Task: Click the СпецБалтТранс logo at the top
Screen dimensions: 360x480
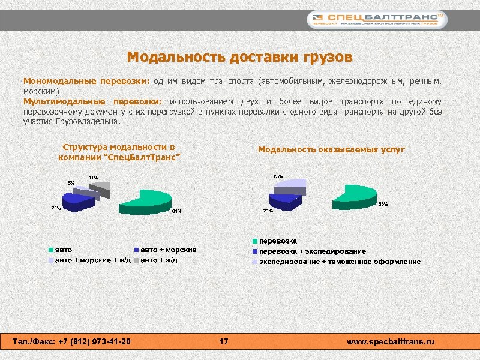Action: (x=377, y=20)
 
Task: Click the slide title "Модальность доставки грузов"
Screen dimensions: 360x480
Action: (x=240, y=58)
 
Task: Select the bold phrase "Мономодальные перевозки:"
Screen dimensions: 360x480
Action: (x=86, y=80)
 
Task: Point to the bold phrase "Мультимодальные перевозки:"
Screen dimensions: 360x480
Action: (x=93, y=101)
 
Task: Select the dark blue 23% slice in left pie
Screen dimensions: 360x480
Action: (x=79, y=203)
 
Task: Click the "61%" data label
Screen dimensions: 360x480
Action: (x=176, y=211)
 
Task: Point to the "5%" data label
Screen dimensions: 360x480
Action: (x=71, y=182)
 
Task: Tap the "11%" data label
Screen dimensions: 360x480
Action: (x=93, y=178)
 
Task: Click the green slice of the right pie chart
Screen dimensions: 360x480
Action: (x=353, y=196)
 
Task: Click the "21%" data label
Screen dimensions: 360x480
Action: (x=268, y=211)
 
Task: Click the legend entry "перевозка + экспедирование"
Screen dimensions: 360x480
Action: (x=312, y=251)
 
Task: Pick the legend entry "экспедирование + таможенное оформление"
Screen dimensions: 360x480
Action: (x=339, y=262)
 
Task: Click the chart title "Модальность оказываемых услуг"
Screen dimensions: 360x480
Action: (x=331, y=149)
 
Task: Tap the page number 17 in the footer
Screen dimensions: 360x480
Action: (x=224, y=342)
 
